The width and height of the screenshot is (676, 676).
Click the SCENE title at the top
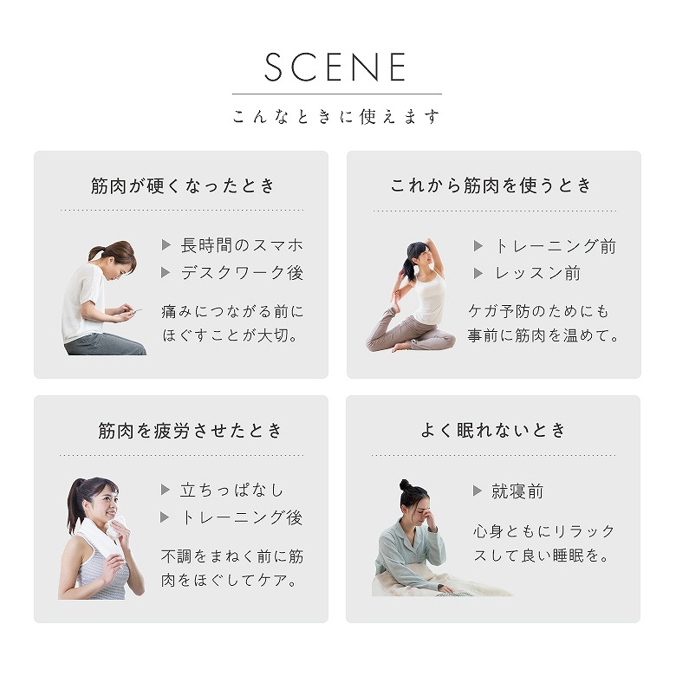click(335, 67)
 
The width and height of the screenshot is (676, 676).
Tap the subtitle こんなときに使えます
click(336, 116)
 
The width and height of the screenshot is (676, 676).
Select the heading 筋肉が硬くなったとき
click(182, 185)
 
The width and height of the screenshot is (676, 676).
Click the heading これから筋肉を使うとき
click(491, 185)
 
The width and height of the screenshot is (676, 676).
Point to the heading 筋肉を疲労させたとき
click(190, 430)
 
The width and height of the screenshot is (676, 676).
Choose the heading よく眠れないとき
click(493, 430)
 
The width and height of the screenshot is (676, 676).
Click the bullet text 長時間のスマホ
click(242, 245)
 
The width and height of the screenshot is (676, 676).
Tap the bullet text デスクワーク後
click(242, 272)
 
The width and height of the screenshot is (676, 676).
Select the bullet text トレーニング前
click(556, 246)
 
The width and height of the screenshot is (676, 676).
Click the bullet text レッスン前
click(537, 273)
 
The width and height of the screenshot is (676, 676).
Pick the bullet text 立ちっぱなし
click(232, 491)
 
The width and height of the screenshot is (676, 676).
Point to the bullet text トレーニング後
click(242, 517)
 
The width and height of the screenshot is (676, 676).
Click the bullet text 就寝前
click(517, 491)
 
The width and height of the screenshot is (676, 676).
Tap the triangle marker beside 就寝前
click(478, 491)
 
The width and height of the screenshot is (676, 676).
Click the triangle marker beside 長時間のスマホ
click(166, 245)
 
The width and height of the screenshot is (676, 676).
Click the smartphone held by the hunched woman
click(136, 310)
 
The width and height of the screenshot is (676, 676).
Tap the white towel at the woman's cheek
click(115, 527)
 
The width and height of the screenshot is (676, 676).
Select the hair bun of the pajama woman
click(404, 485)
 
